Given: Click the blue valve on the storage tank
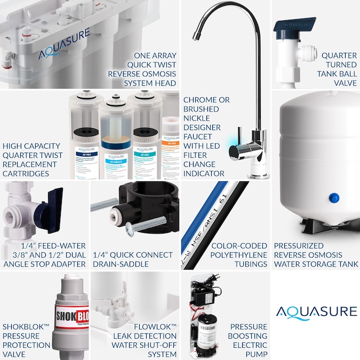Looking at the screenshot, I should click(x=334, y=198).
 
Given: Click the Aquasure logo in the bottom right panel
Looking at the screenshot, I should click(x=316, y=311).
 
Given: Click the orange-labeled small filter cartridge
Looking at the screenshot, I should click(x=170, y=146).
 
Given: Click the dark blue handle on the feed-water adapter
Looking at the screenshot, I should click(x=53, y=203).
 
